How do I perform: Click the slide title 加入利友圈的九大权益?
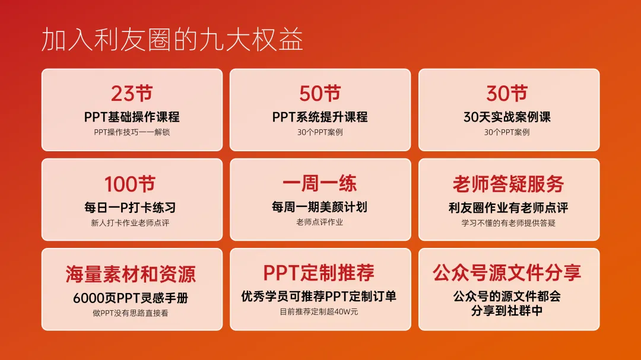click(x=172, y=40)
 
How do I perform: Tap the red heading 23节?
click(x=132, y=94)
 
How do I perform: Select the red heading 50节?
click(x=320, y=94)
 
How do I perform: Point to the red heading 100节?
click(x=130, y=184)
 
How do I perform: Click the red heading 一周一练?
click(x=320, y=183)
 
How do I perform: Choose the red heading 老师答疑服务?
click(x=508, y=184)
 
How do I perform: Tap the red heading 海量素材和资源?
click(x=131, y=274)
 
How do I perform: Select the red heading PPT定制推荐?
click(x=319, y=273)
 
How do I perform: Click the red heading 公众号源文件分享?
click(x=507, y=273)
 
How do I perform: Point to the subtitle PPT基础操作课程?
click(x=132, y=117)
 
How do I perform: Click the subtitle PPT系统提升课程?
click(x=320, y=117)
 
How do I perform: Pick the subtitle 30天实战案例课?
click(x=507, y=117)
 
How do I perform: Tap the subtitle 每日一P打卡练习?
click(x=130, y=208)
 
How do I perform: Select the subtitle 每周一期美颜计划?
click(x=320, y=207)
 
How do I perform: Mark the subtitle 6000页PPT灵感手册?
click(x=131, y=298)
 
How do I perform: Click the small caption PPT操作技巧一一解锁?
click(x=132, y=132)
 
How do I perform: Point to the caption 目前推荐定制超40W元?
click(x=319, y=312)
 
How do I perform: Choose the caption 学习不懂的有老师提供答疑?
click(x=508, y=222)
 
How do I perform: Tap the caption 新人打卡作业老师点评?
click(x=130, y=222)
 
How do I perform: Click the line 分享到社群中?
click(x=507, y=311)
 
